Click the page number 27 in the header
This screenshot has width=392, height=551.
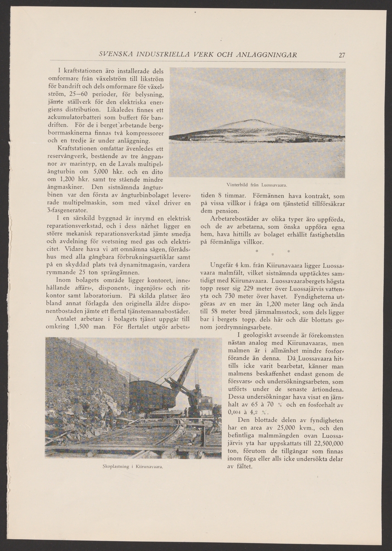point(342,56)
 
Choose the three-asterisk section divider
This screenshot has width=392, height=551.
point(273,253)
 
